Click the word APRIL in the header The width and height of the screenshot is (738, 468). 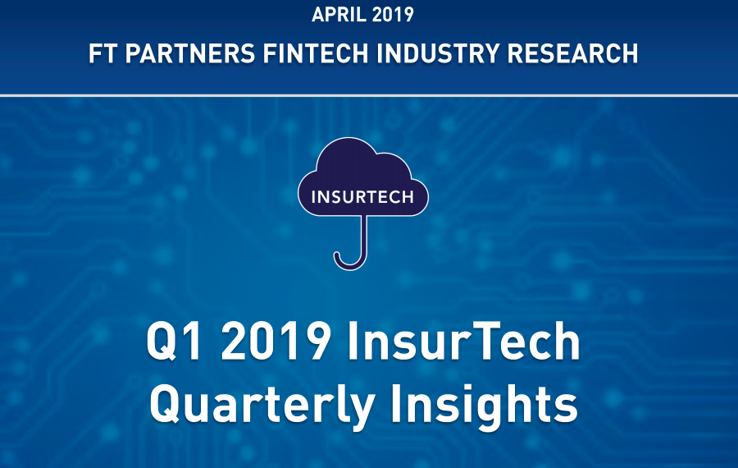[x=339, y=14]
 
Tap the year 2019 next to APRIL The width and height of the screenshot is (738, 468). [x=393, y=14]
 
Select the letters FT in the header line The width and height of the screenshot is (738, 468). [x=102, y=53]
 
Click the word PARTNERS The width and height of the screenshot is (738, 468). [x=190, y=53]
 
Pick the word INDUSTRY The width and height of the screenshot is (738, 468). [x=438, y=53]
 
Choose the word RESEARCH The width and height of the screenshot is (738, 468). [x=572, y=53]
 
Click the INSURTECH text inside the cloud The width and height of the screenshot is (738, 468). [x=362, y=197]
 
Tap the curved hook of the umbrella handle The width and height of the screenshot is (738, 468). [x=349, y=263]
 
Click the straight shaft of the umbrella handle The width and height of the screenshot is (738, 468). [x=364, y=234]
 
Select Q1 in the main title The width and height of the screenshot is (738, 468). [x=175, y=342]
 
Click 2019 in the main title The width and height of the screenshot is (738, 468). [x=276, y=340]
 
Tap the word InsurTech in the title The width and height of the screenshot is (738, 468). [x=463, y=340]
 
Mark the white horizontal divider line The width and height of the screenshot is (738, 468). [x=369, y=96]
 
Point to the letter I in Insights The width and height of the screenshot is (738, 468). [x=395, y=403]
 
